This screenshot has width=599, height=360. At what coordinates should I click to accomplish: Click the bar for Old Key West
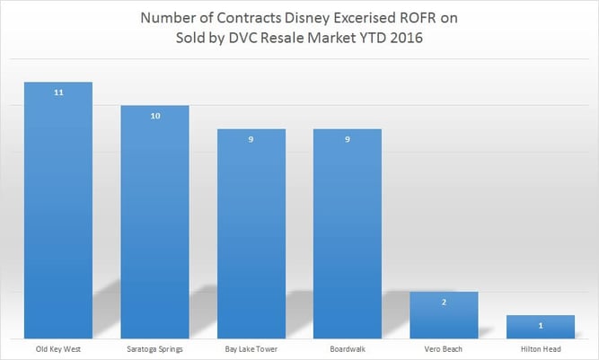(58, 210)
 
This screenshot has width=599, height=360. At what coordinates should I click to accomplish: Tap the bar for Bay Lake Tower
(251, 233)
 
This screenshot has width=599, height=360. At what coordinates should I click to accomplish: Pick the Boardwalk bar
(348, 233)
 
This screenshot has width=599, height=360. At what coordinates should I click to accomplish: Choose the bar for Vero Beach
(444, 315)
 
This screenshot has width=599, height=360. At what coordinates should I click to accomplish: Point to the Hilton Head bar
(541, 327)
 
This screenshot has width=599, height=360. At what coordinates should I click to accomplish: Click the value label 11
(58, 93)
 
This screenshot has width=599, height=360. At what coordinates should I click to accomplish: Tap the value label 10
(154, 117)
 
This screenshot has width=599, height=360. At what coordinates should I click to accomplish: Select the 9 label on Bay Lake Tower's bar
(251, 140)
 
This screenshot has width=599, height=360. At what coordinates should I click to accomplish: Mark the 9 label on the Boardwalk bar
(348, 140)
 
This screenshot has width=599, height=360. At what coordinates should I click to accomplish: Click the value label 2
(444, 303)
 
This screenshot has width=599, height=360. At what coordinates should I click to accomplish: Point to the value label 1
(541, 326)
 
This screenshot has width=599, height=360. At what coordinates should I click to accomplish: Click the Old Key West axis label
(58, 347)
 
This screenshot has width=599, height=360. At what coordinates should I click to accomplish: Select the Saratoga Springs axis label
(154, 347)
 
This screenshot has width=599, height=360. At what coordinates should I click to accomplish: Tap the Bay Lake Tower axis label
(251, 347)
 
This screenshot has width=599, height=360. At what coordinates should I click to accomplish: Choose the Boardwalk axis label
(348, 347)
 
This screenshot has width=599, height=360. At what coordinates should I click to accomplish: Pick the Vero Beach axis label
(444, 347)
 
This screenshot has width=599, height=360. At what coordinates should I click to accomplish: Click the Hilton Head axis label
(541, 347)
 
